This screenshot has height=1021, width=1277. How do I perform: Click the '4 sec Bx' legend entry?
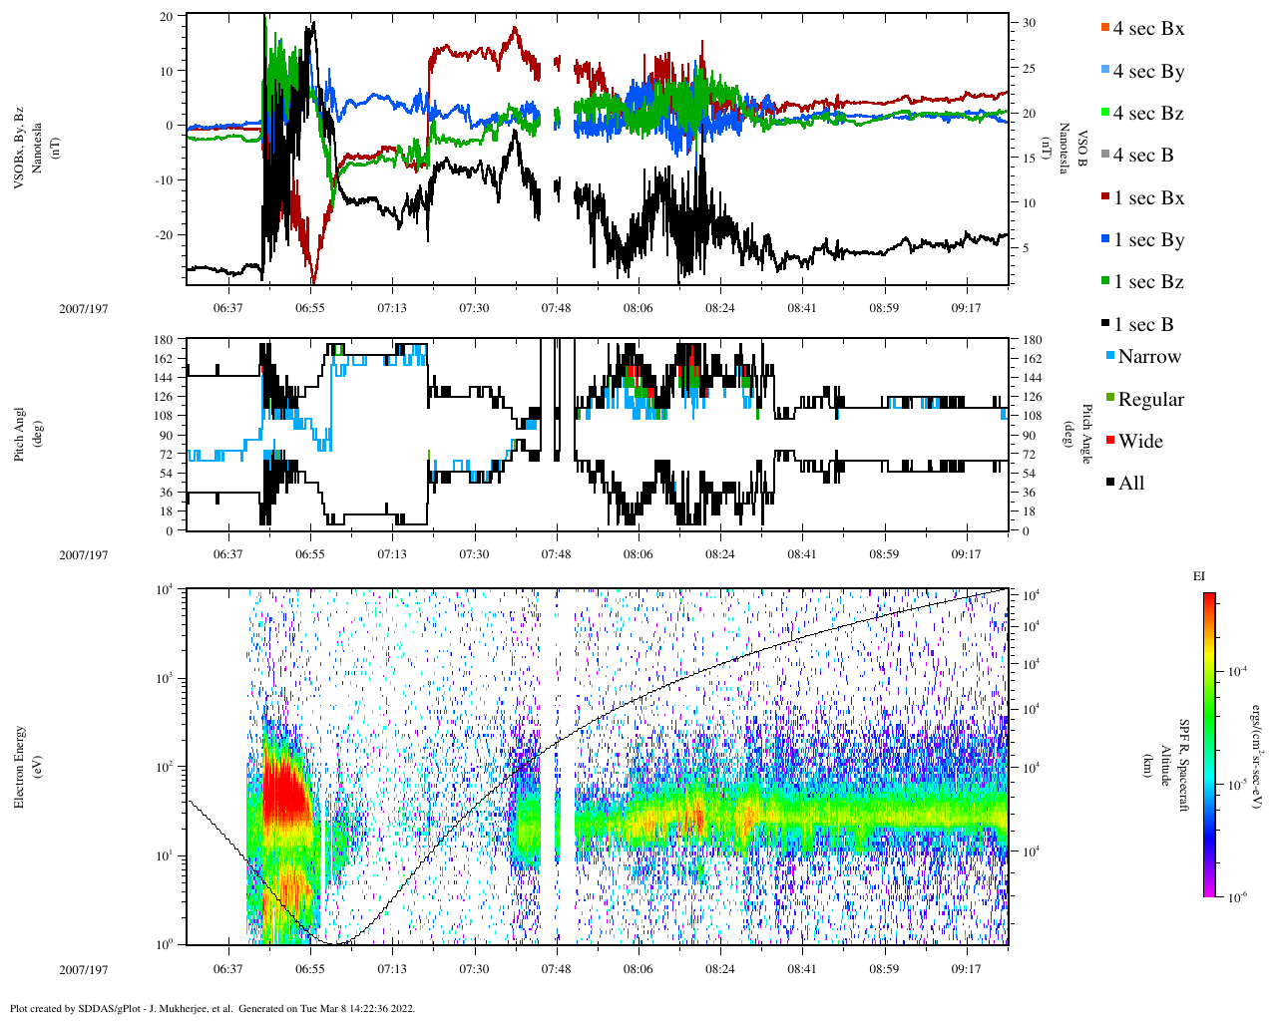pos(1148,29)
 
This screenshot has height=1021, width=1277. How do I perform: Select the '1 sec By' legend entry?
pos(1148,240)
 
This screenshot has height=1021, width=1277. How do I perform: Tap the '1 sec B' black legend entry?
pos(1143,325)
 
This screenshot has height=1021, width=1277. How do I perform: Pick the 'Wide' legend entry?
pos(1140,442)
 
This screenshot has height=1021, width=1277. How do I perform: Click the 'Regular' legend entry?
pos(1150,400)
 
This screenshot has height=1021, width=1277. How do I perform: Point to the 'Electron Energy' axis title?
pos(20,766)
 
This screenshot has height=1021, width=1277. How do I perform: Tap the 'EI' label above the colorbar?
pos(1199,576)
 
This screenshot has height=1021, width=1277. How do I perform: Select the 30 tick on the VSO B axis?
pos(1029,23)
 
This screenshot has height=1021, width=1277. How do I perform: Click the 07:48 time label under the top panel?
pos(556,308)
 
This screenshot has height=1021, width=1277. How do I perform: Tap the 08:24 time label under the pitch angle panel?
pos(720,554)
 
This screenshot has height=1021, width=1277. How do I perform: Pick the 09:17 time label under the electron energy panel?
pos(966,968)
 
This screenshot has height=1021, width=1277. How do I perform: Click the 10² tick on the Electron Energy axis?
pos(163,766)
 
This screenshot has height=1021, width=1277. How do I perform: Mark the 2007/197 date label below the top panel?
pos(84,308)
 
